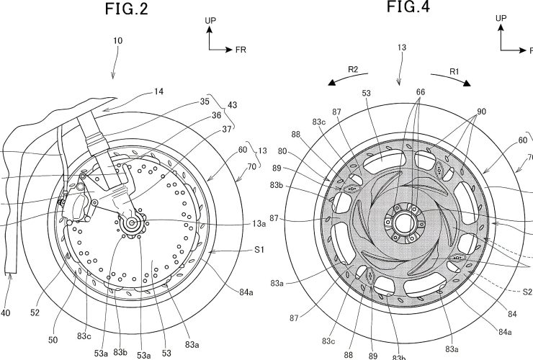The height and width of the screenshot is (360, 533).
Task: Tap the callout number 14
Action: point(159,91)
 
